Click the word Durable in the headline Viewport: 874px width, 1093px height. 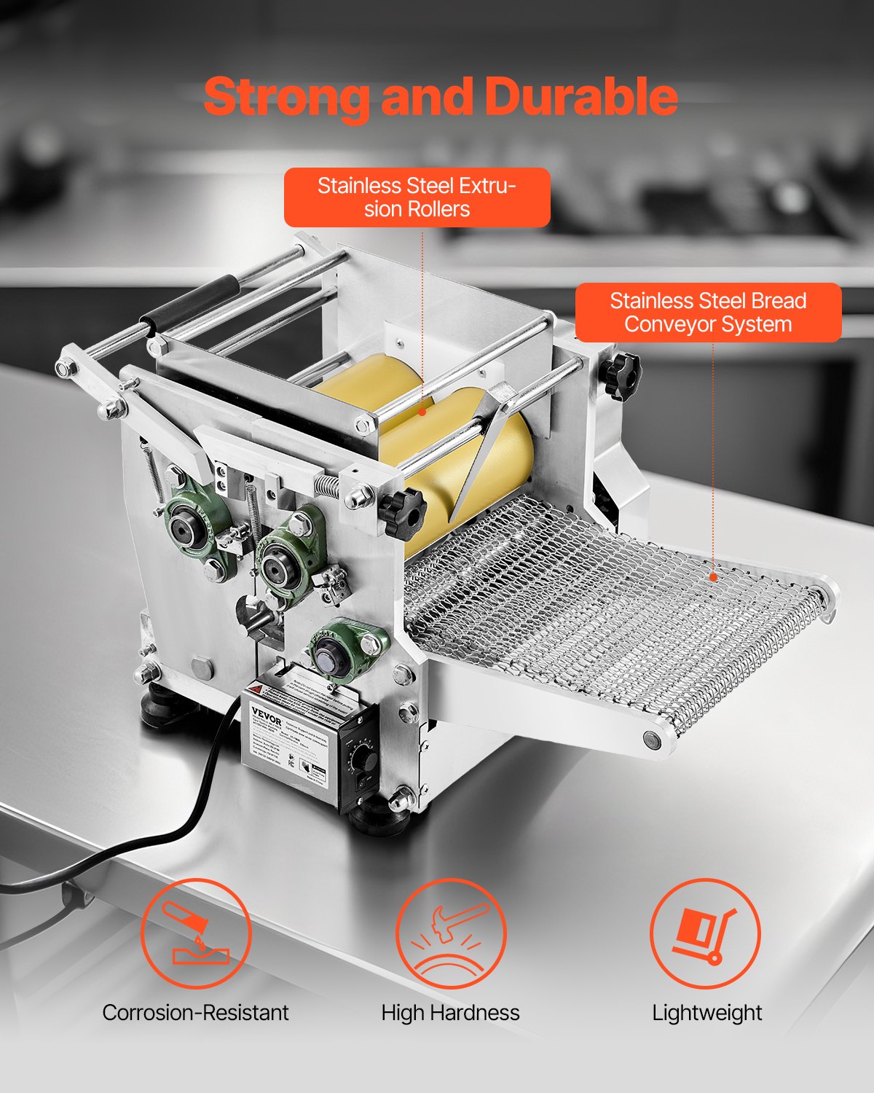[x=581, y=97]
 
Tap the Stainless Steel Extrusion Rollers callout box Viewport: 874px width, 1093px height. [x=417, y=197]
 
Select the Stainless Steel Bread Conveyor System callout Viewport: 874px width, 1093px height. [x=708, y=313]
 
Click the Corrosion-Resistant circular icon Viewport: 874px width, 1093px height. [x=195, y=933]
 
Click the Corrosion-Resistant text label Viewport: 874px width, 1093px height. [x=195, y=1013]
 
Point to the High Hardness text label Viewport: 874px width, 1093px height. [x=450, y=1013]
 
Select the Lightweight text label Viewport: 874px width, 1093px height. [x=706, y=1013]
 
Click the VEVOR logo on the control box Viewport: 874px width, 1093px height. [x=266, y=714]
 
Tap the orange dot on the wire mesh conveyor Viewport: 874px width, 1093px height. [x=714, y=577]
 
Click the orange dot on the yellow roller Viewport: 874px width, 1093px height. [x=422, y=412]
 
